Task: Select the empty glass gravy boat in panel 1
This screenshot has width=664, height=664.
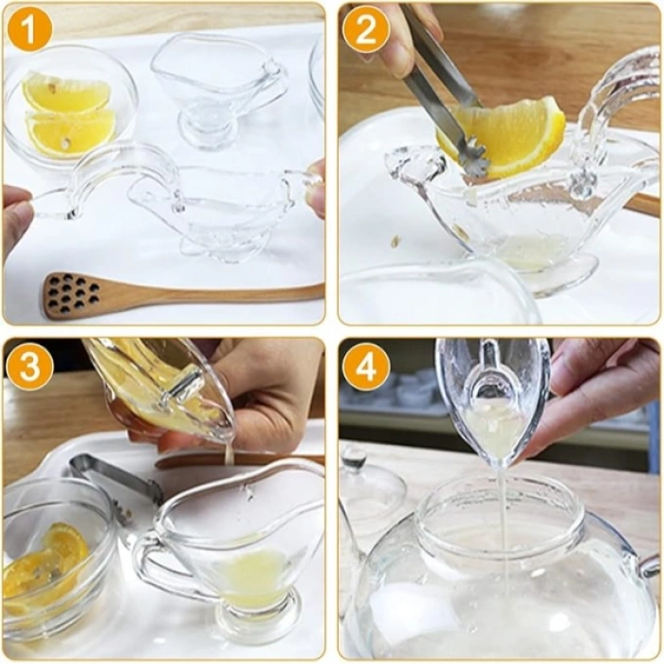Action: coord(218,85)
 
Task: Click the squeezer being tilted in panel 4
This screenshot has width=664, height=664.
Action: coord(493,398)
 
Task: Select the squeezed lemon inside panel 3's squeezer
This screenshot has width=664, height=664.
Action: coord(152,384)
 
